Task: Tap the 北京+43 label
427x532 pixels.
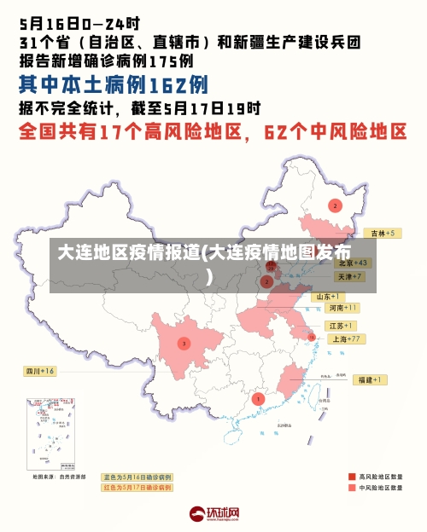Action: click(352, 263)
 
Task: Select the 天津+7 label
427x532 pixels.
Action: click(350, 277)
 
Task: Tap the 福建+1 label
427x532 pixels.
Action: click(369, 379)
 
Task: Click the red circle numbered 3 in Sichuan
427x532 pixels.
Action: click(184, 344)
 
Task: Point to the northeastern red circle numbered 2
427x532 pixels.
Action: click(335, 205)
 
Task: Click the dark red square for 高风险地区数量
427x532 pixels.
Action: click(351, 477)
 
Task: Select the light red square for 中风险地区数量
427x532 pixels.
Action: click(351, 489)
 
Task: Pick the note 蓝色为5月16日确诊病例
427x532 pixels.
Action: click(137, 477)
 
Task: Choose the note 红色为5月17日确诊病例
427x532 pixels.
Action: click(137, 488)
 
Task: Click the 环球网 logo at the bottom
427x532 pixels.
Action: click(214, 515)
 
